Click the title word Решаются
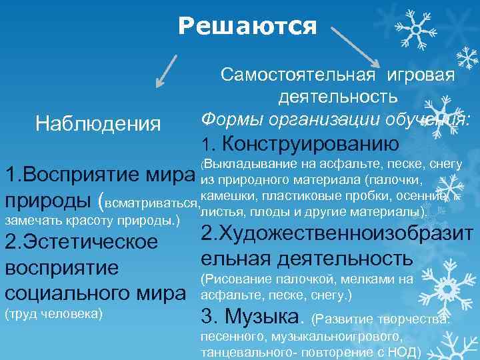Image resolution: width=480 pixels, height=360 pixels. pos(247,26)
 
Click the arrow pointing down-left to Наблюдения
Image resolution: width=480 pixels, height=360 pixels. pos(167,69)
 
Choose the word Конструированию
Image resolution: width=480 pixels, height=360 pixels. pos(310,142)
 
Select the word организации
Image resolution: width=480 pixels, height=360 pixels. pos(323,118)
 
